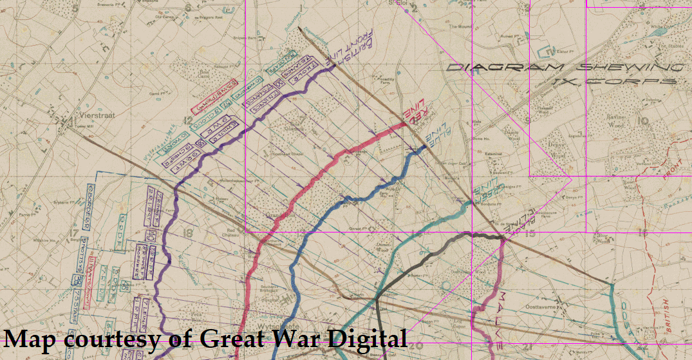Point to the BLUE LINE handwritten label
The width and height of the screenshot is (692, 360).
point(436,140)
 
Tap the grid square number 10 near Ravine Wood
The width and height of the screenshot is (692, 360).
point(643,120)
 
